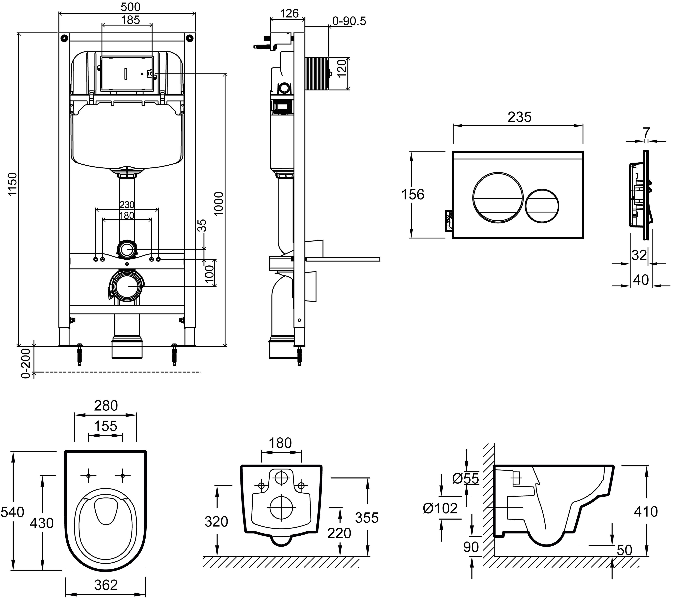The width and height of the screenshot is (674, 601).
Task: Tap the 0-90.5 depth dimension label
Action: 349,21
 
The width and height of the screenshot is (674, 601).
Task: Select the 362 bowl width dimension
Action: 106,585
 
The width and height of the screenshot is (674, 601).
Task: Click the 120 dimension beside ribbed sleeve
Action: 342,68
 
